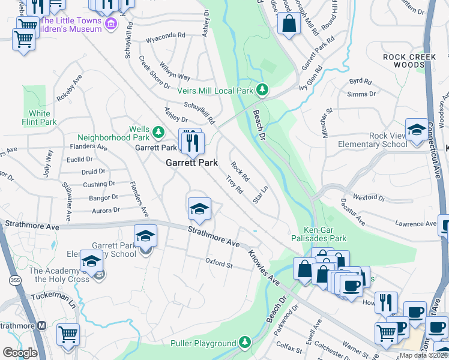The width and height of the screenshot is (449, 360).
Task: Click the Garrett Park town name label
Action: [191, 163]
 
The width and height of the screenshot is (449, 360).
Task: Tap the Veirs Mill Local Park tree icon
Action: [262, 90]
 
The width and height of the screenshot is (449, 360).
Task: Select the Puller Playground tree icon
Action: [244, 343]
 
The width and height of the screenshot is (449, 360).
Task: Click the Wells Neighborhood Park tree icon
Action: [158, 130]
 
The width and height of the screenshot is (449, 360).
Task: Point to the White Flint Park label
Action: [40, 118]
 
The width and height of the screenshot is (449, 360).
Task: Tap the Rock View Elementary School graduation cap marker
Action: [417, 130]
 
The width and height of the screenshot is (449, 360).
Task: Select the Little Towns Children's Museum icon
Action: [110, 24]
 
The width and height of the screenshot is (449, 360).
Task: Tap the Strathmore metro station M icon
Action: [41, 326]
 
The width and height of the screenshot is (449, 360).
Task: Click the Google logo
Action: [20, 352]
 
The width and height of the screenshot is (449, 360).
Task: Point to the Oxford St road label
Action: [218, 263]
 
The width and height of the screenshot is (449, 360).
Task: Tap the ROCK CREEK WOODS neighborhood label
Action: [404, 61]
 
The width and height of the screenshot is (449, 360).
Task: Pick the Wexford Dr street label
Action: [369, 197]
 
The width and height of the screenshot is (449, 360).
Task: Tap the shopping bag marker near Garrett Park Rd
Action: [289, 25]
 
